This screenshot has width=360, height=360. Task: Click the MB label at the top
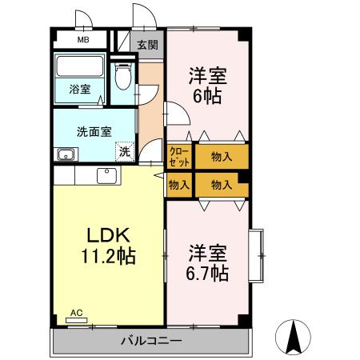(82, 38)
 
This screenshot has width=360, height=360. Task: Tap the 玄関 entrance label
(147, 45)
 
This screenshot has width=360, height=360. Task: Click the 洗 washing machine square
(124, 150)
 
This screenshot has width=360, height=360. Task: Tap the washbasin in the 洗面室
(63, 154)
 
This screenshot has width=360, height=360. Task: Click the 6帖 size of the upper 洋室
(208, 96)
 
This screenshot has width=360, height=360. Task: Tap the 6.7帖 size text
(208, 274)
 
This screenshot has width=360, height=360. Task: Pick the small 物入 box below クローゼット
(178, 184)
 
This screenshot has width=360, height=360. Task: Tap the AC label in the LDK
(76, 313)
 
